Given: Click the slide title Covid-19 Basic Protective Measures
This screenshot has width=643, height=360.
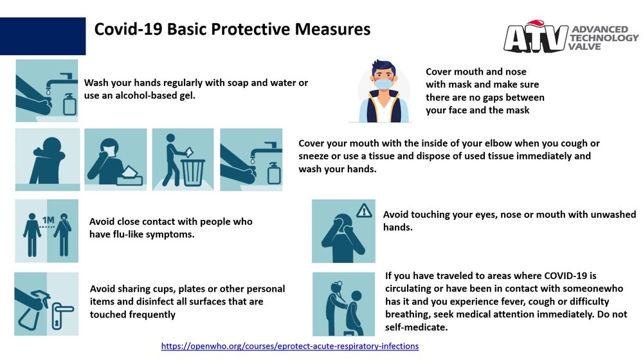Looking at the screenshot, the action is pyautogui.click(x=232, y=30).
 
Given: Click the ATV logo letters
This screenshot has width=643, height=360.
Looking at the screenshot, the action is pyautogui.click(x=536, y=38).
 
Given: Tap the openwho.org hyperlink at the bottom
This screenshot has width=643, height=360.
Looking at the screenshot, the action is pyautogui.click(x=290, y=346).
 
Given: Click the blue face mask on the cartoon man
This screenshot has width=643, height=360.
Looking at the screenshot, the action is pyautogui.click(x=383, y=84).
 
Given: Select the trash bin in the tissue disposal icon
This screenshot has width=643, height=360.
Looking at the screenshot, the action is pyautogui.click(x=192, y=173).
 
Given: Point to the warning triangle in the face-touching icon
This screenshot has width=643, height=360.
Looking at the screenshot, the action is pyautogui.click(x=364, y=211).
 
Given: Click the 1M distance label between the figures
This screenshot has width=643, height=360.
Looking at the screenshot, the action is pyautogui.click(x=48, y=221).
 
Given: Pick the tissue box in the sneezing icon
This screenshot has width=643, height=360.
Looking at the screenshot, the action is pyautogui.click(x=130, y=176).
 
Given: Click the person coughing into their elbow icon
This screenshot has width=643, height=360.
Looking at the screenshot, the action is pyautogui.click(x=48, y=159).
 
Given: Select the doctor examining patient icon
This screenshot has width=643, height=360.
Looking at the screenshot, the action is pyautogui.click(x=343, y=304).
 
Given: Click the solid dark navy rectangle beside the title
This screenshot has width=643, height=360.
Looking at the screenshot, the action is pyautogui.click(x=42, y=36).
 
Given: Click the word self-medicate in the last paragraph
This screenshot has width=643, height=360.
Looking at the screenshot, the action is pyautogui.click(x=416, y=327).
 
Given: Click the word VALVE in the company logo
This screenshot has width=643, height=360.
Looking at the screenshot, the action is pyautogui.click(x=584, y=46).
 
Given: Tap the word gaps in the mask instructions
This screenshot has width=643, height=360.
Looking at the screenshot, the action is pyautogui.click(x=495, y=98).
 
